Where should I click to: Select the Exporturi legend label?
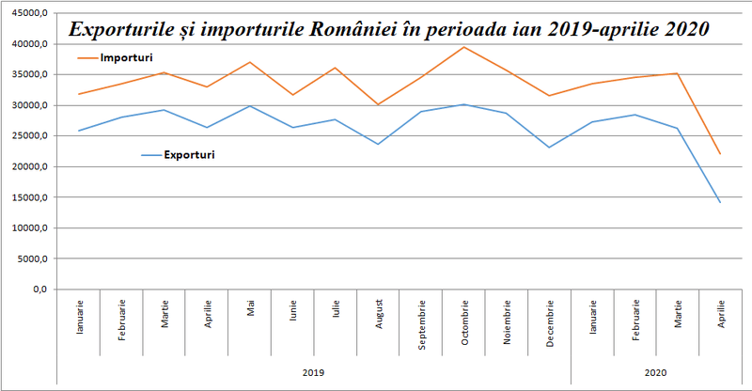(x=189, y=154)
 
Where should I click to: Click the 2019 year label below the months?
(x=313, y=373)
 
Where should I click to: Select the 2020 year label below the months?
(x=656, y=373)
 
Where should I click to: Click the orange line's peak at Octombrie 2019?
(x=464, y=47)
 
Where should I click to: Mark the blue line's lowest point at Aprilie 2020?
(x=720, y=202)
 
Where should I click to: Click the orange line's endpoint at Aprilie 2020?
(x=720, y=154)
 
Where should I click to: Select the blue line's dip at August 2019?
(x=379, y=144)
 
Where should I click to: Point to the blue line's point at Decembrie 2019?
(x=550, y=148)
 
